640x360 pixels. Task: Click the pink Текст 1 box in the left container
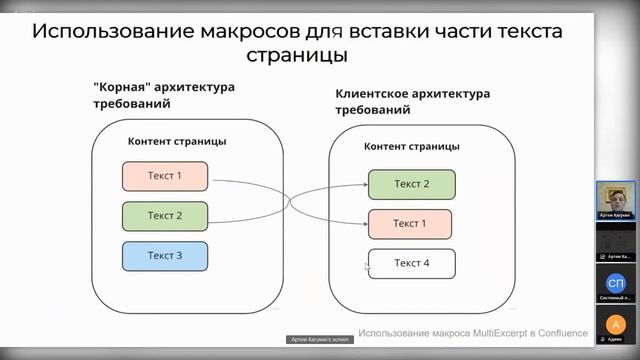coord(165,176)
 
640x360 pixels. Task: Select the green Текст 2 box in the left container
coord(165,216)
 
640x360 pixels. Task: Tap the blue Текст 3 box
coord(165,256)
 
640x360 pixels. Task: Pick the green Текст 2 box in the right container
coord(411,184)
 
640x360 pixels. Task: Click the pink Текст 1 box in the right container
coord(410,223)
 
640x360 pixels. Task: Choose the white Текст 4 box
coord(411,263)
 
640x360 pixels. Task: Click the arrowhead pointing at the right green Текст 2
coord(364,185)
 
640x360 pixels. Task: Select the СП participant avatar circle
coord(615,282)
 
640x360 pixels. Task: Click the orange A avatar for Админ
coord(615,324)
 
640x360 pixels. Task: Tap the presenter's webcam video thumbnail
coord(615,199)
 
